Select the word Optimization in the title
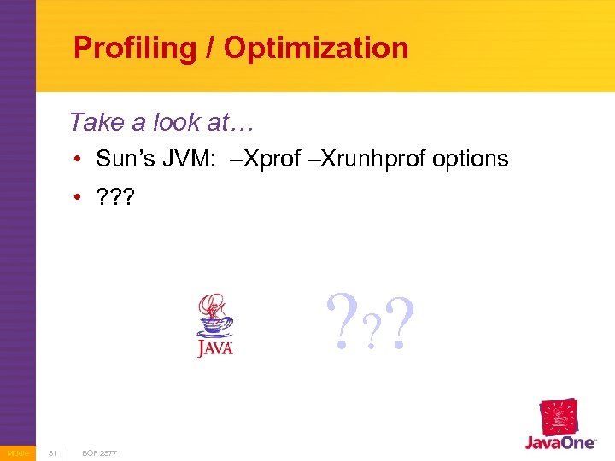pyautogui.click(x=316, y=48)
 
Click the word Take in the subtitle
pyautogui.click(x=97, y=122)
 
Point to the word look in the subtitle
pyautogui.click(x=177, y=122)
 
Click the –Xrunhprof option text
pyautogui.click(x=376, y=159)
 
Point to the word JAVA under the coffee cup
pyautogui.click(x=215, y=348)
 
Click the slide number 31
pyautogui.click(x=52, y=452)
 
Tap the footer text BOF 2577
pyautogui.click(x=100, y=452)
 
